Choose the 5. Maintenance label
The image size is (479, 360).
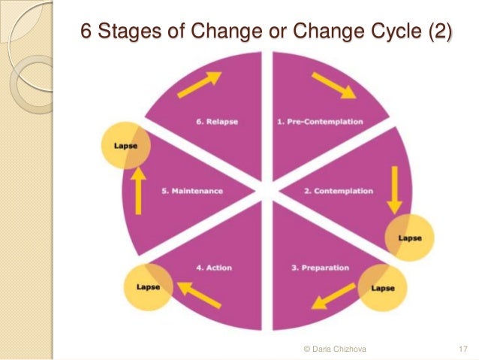click(192, 191)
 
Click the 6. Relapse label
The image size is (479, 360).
click(212, 122)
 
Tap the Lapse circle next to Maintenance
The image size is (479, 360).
click(125, 146)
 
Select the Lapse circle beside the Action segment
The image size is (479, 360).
click(148, 287)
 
